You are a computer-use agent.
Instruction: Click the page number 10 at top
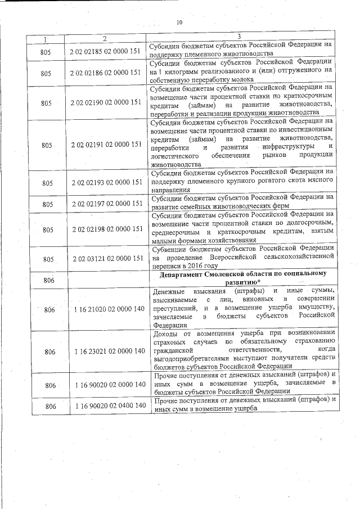[179, 22]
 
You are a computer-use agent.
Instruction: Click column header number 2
[105, 38]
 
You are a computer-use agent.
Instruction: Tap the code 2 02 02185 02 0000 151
[106, 52]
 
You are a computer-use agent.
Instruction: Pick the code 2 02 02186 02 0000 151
[106, 73]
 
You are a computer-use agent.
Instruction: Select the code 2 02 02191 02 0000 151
[106, 145]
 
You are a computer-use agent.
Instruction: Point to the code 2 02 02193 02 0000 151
[106, 183]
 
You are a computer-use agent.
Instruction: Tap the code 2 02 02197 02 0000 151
[106, 204]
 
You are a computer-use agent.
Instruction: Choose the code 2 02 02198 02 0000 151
[106, 229]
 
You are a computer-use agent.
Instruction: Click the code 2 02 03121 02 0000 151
[106, 258]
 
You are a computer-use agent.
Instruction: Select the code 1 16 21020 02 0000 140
[106, 309]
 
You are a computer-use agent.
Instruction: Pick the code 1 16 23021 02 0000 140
[106, 352]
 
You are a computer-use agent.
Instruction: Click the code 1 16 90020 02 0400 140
[106, 406]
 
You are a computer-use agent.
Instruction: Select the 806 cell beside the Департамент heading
[48, 280]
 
